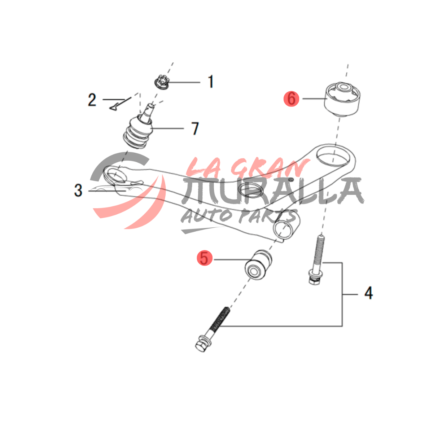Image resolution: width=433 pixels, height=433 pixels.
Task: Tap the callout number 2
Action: click(x=92, y=100)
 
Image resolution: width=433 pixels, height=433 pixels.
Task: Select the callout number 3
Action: click(x=78, y=190)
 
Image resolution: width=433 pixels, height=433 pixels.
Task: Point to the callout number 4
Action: click(x=368, y=293)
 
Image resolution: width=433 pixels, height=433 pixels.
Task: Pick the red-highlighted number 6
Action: click(x=292, y=99)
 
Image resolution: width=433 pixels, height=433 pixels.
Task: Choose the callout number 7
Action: click(x=195, y=128)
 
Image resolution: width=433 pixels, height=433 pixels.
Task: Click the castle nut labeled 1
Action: click(x=162, y=82)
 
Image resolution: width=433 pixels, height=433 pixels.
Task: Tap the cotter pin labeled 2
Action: click(x=120, y=104)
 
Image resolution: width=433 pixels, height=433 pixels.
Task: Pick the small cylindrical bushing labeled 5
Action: click(x=258, y=265)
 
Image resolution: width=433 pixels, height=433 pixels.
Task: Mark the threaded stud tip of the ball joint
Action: click(x=150, y=106)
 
